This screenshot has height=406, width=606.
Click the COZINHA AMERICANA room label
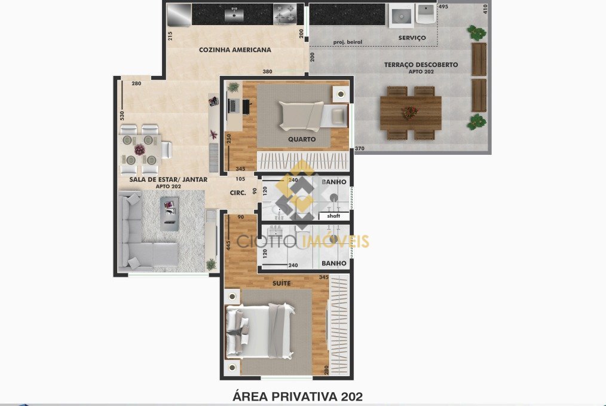pos(235,50)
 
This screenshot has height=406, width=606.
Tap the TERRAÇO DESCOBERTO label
pos(421,65)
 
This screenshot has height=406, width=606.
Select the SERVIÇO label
pos(412,38)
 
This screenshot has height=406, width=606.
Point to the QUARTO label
pos(302,139)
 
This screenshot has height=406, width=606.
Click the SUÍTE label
pos(281,283)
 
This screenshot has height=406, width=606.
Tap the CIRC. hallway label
pos(238,193)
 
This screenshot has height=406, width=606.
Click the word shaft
pos(333,216)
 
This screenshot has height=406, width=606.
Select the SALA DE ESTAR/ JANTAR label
pos(168,179)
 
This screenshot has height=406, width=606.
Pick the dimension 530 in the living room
pos(122,115)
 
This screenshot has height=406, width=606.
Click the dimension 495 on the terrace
pos(443,7)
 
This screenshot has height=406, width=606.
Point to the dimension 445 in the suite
pos(228,245)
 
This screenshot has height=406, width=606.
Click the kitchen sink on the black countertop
pos(234,15)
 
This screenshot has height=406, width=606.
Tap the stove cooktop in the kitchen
pos(285,14)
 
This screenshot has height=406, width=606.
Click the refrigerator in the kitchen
pos(179,15)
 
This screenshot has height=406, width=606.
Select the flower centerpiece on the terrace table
pos(411,113)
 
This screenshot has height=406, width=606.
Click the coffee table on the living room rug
pos(170,214)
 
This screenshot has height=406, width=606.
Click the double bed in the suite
pos(260,331)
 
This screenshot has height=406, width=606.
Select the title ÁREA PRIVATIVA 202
pos(298,396)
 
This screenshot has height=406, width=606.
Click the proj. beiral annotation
pos(348,42)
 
